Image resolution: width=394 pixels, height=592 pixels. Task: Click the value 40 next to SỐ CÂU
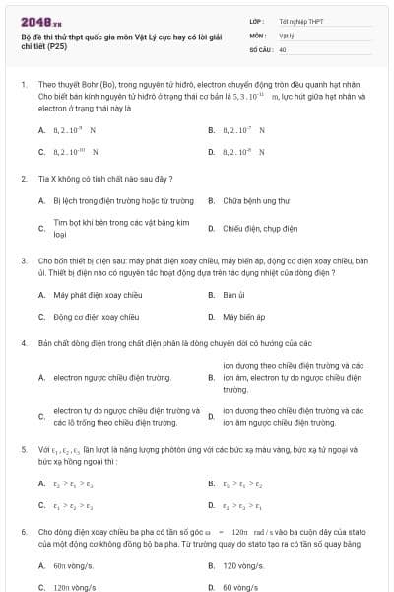click(x=283, y=48)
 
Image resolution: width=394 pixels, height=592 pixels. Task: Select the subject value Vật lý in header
click(x=287, y=34)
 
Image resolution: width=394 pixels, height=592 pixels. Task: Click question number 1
click(x=23, y=86)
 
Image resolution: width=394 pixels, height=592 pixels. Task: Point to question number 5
click(x=23, y=449)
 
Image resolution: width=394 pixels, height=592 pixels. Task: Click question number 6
click(x=23, y=531)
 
